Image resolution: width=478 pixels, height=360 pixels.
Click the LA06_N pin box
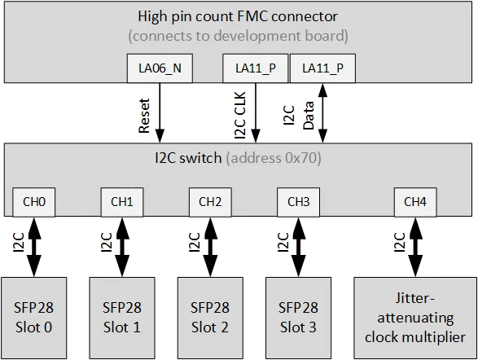click(160, 68)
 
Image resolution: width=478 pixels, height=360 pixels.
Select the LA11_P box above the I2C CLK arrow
click(254, 68)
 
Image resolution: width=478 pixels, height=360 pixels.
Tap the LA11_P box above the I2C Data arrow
click(322, 68)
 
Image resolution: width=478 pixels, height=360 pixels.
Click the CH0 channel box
click(33, 201)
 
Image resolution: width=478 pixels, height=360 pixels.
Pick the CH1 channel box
click(121, 201)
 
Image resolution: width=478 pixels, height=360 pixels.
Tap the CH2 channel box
click(209, 201)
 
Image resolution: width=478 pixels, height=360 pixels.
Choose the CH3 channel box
click(297, 201)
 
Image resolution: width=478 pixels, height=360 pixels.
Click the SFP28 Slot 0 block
click(33, 316)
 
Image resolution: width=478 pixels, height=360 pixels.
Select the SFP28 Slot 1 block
click(121, 316)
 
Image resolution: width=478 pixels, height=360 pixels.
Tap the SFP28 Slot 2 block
click(209, 316)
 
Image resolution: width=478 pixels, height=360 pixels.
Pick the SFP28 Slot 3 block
click(297, 316)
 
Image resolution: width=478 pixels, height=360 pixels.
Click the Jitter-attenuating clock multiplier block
click(414, 316)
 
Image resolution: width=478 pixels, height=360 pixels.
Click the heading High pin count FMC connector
click(239, 17)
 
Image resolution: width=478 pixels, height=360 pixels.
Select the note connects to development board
click(239, 36)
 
